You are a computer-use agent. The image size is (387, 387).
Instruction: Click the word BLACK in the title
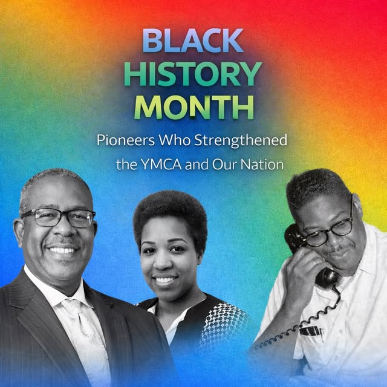pyautogui.click(x=193, y=41)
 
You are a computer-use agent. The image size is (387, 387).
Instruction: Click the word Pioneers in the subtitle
pyautogui.click(x=123, y=140)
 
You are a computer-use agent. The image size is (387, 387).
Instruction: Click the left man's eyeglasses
pyautogui.click(x=57, y=216)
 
